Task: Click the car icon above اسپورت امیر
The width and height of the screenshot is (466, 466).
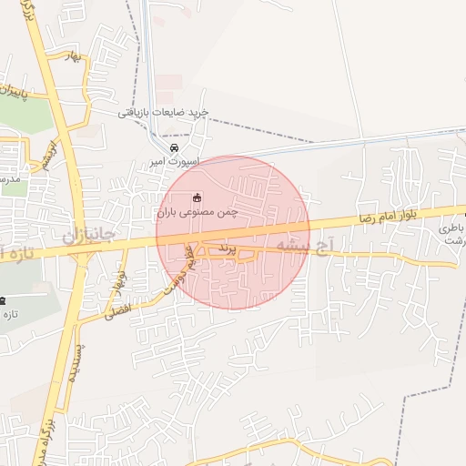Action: tap(174, 147)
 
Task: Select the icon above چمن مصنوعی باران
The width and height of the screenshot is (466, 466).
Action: tap(196, 197)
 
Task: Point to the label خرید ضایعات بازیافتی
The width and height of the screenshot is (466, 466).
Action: tap(163, 112)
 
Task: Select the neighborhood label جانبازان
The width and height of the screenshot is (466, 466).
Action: tap(89, 237)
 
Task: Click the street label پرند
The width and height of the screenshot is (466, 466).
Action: tap(227, 248)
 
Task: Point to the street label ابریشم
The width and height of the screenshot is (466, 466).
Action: tap(50, 154)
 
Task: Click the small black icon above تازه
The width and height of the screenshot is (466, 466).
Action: tap(3, 300)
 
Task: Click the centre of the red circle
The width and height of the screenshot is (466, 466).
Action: tap(233, 233)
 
